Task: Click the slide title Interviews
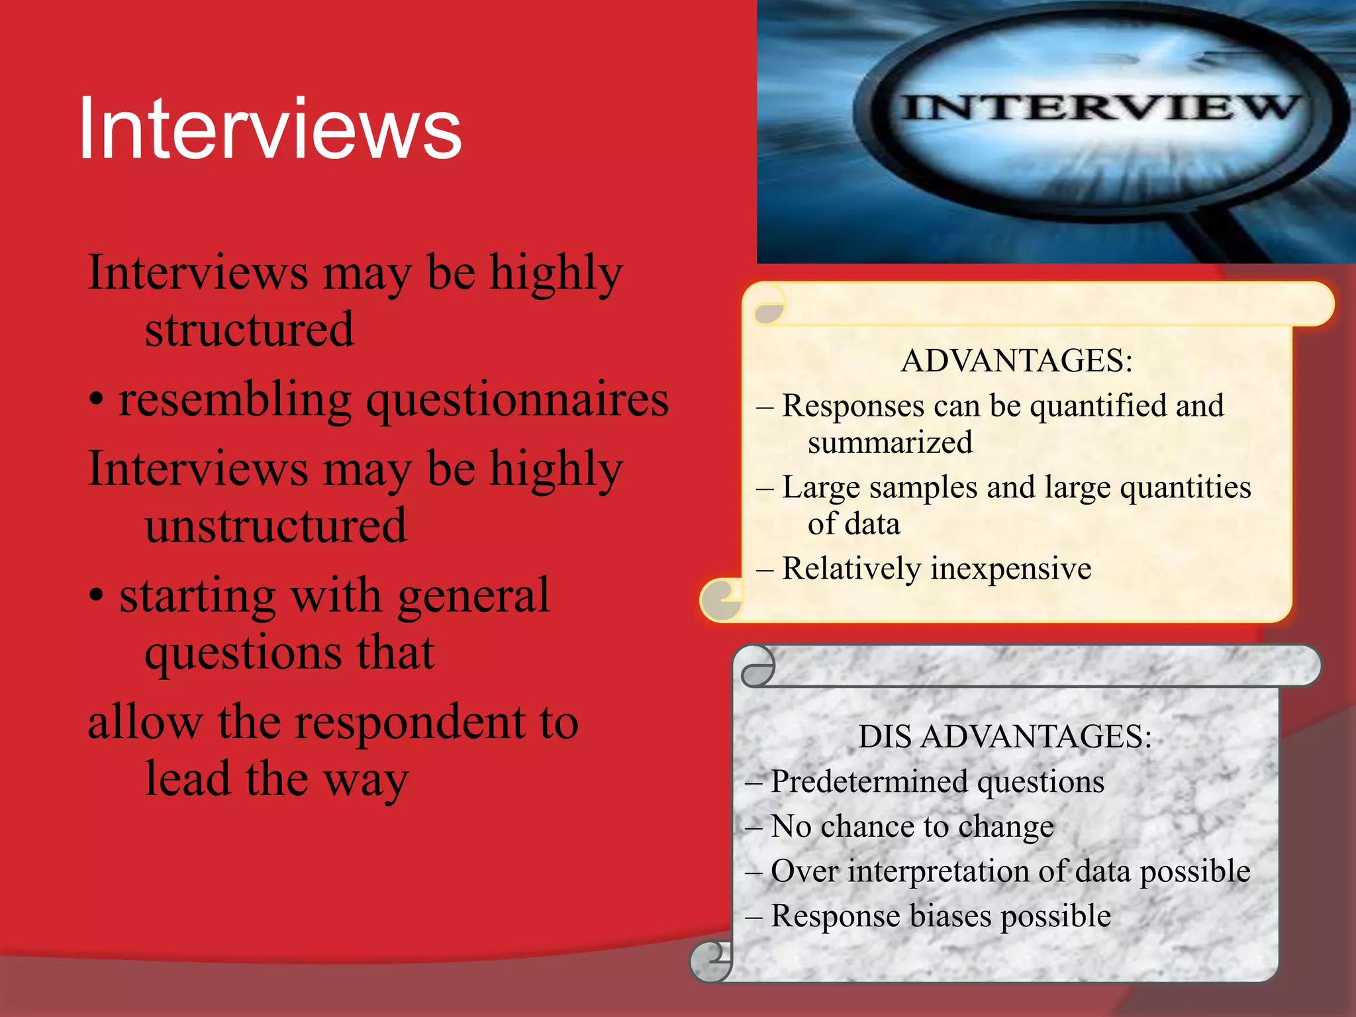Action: (269, 129)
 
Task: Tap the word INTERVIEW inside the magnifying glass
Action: (1099, 107)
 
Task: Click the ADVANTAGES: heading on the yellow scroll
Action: (1016, 361)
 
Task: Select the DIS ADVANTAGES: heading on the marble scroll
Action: (1004, 736)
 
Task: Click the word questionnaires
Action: (518, 401)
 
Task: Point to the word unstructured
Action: (275, 526)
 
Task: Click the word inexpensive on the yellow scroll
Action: (1011, 569)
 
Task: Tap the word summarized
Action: (890, 443)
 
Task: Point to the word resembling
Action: (235, 401)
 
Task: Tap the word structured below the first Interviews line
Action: (249, 330)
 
